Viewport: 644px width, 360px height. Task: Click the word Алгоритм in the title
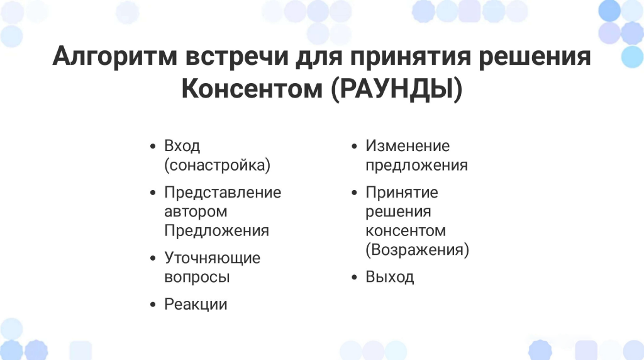pos(114,57)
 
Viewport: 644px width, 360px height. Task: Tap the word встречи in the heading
pos(236,57)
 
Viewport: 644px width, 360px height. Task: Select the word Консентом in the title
pos(252,88)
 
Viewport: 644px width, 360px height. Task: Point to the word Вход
pos(182,146)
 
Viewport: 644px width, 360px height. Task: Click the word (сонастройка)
pos(217,165)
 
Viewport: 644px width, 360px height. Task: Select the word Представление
pos(223,193)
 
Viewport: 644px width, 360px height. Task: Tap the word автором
pos(196,212)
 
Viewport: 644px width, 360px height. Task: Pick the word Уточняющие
pos(213,258)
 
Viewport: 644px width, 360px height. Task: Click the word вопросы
pos(197,278)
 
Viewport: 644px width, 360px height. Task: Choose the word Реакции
pos(196,305)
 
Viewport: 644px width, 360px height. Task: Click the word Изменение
pos(408,146)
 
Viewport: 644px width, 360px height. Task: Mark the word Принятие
pos(402,193)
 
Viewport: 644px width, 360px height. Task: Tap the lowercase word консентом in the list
pos(406,231)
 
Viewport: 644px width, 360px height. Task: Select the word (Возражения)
pos(418,250)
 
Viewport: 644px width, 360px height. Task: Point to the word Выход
pos(390,278)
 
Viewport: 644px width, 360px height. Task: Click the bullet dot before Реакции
pos(153,305)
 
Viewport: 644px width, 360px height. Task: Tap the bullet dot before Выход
pos(355,278)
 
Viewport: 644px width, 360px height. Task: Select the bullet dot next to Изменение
pos(355,146)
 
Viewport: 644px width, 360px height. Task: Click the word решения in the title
pos(535,57)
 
